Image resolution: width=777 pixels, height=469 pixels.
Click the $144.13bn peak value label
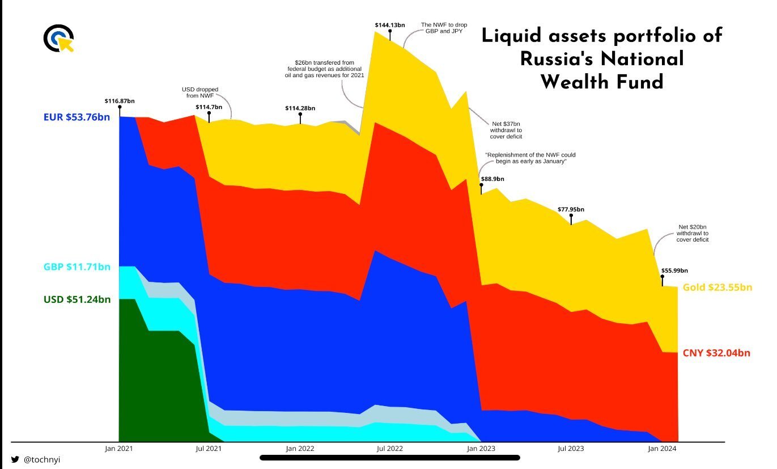[390, 25]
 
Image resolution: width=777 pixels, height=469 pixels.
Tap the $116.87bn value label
[120, 101]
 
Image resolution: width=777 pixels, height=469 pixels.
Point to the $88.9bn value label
[492, 179]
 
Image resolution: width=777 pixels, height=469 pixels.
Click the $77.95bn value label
[571, 209]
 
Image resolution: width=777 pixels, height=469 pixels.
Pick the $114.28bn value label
[300, 108]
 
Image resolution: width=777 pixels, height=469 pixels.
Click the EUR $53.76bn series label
[77, 118]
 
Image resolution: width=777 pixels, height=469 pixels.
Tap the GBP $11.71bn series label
[77, 267]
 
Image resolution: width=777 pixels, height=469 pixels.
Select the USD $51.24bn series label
[77, 299]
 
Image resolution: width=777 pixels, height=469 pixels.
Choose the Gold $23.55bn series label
[717, 288]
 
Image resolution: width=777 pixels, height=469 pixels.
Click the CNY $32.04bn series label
[716, 353]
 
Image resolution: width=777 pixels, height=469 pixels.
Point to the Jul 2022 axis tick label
[389, 449]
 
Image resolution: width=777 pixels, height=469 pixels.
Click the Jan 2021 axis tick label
[119, 449]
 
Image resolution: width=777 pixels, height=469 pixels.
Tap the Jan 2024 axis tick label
[661, 449]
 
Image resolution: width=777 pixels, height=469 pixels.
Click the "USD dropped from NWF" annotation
[199, 93]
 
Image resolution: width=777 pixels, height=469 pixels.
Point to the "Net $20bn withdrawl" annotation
[692, 233]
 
